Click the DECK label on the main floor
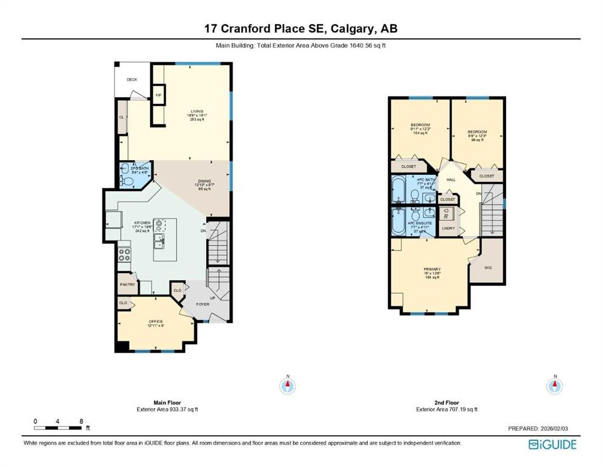[132, 79]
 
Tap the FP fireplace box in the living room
[159, 95]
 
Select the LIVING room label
[196, 111]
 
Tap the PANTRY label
[127, 285]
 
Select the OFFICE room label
[156, 321]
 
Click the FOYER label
[202, 304]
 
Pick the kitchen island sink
[159, 241]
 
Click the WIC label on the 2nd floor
[488, 266]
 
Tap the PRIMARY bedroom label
[432, 269]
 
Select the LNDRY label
[449, 228]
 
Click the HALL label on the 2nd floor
[450, 180]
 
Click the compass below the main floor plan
[289, 385]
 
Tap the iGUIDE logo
[552, 444]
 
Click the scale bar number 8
[81, 420]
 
